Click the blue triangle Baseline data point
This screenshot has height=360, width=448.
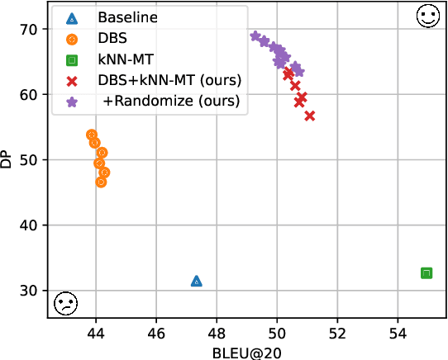tap(196, 281)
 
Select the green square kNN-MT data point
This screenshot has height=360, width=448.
tap(427, 272)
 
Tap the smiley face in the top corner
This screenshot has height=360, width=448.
tap(427, 17)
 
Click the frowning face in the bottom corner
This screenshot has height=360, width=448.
tap(64, 303)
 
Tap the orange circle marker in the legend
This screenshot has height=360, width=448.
tap(73, 39)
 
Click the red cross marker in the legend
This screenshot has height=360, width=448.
tap(73, 81)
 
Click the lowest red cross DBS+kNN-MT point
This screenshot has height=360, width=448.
tap(309, 116)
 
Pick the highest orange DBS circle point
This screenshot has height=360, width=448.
tap(92, 135)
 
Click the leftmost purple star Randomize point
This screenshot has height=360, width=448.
tap(255, 36)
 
